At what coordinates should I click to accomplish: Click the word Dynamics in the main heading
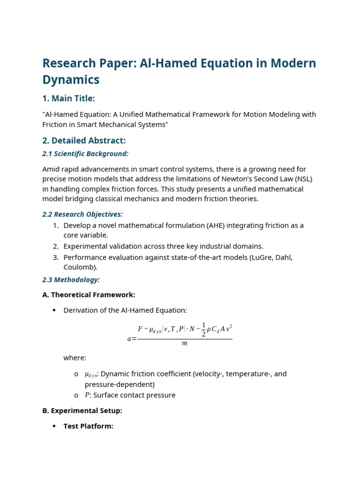[x=71, y=80]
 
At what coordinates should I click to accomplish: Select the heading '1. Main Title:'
[x=68, y=98]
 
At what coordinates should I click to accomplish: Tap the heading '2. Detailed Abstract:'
[x=84, y=141]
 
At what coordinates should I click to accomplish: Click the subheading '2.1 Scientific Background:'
[x=85, y=154]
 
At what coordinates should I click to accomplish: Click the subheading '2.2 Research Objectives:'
[x=82, y=214]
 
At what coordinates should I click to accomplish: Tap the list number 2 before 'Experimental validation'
[x=55, y=247]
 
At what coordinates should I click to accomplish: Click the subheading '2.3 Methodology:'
[x=71, y=280]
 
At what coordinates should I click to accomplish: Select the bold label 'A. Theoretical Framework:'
[x=89, y=295]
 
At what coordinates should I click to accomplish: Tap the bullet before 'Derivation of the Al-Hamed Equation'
[x=54, y=310]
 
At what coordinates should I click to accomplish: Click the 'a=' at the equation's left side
[x=132, y=339]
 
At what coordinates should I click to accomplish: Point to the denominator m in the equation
[x=184, y=344]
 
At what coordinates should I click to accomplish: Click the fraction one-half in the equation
[x=203, y=330]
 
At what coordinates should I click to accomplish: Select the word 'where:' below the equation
[x=75, y=358]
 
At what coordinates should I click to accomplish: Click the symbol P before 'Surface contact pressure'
[x=87, y=395]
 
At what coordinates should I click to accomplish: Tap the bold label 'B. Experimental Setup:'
[x=82, y=411]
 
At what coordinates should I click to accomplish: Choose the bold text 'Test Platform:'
[x=88, y=427]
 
